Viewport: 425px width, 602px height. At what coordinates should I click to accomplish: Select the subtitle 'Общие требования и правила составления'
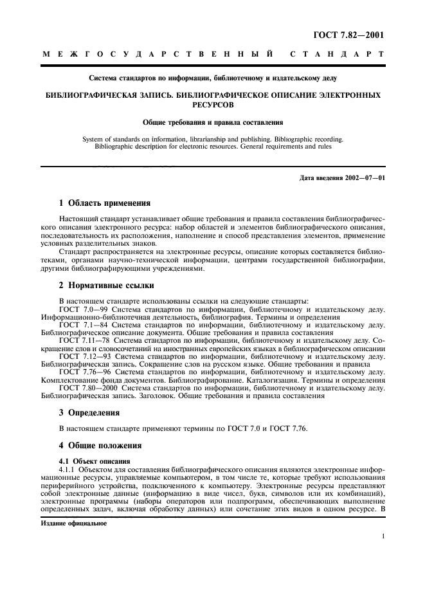coord(213,121)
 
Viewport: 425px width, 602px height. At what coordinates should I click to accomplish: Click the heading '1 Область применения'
coord(105,203)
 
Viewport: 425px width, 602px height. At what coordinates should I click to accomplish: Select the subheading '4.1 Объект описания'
coord(95,461)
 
